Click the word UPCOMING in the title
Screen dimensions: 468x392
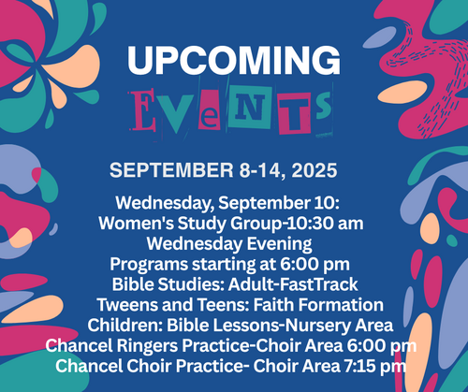pos(234,60)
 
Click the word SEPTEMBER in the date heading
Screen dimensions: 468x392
pos(171,170)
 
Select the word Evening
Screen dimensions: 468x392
pos(279,244)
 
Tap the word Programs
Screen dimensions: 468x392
pos(149,265)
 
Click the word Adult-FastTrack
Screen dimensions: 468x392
pos(293,284)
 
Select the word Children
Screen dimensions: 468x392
pos(124,326)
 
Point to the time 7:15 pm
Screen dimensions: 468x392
pos(375,367)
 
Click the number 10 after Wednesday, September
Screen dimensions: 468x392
pos(322,203)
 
